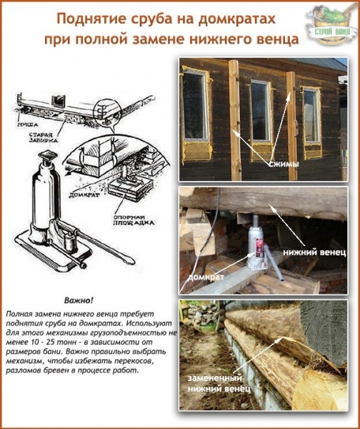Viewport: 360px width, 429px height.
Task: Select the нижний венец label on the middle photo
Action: point(314,252)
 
